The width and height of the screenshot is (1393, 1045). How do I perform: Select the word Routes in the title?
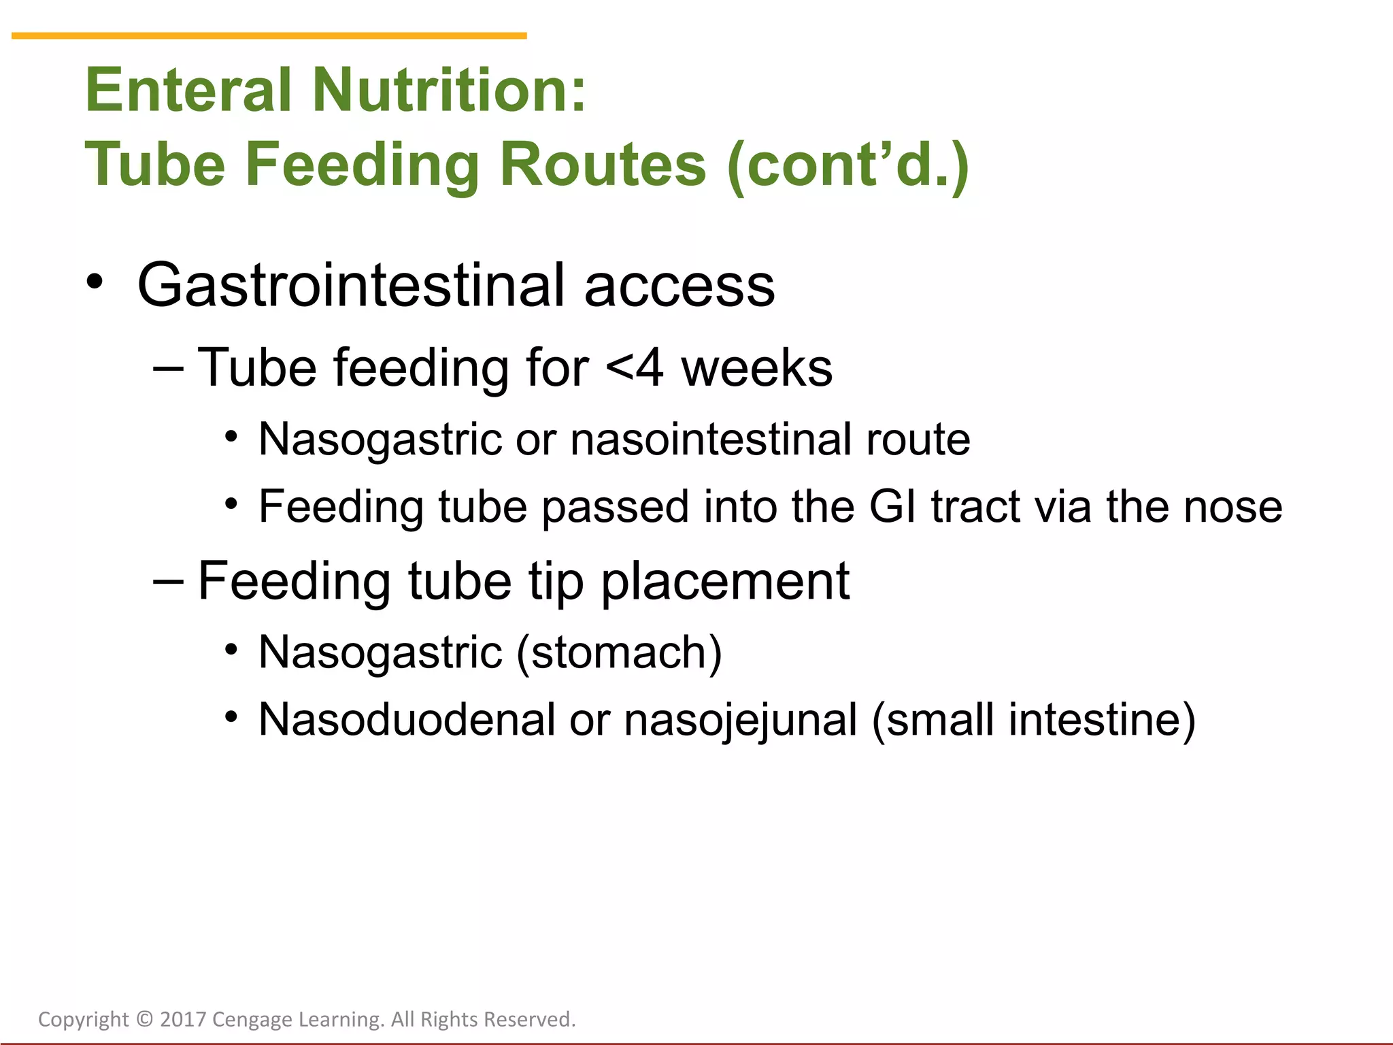[603, 165]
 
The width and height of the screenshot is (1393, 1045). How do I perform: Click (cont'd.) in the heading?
[847, 166]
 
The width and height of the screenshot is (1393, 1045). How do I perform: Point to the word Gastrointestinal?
[351, 286]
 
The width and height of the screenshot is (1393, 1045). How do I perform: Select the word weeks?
[756, 369]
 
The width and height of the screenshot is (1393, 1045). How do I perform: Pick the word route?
[918, 439]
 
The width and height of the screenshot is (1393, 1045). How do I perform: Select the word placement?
[724, 582]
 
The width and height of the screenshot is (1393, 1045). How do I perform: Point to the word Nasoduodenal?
[407, 720]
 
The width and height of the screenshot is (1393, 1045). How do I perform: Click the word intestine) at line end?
[1102, 720]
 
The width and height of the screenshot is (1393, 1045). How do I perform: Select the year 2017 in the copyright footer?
[183, 1019]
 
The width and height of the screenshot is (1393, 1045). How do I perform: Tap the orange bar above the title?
[269, 35]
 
